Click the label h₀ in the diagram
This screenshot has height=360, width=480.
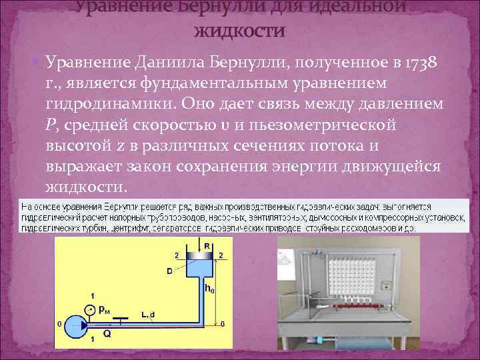click(209, 288)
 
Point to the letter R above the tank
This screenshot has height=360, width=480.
click(208, 246)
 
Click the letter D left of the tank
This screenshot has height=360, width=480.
click(171, 271)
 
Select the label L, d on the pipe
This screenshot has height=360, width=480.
click(147, 313)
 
